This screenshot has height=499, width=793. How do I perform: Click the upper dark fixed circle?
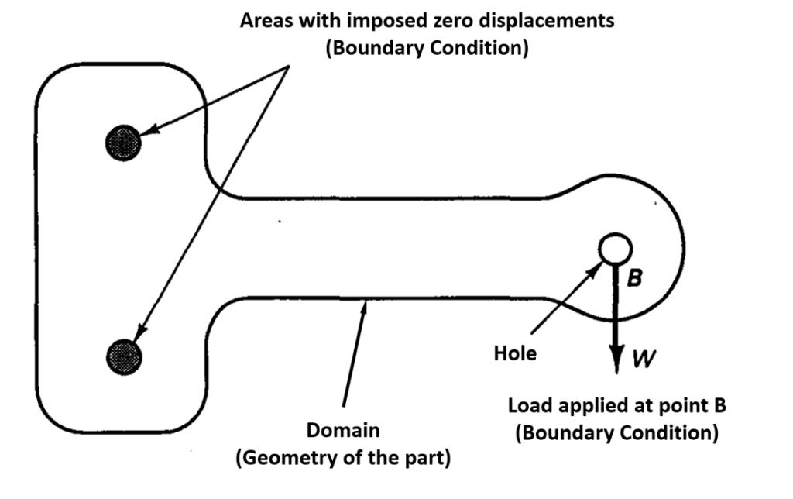click(x=123, y=143)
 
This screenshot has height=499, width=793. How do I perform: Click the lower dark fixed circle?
click(x=124, y=357)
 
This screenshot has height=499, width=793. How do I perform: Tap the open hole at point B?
click(x=615, y=249)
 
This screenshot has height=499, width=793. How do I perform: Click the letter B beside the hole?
click(x=635, y=278)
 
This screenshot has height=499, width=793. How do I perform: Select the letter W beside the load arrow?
click(x=644, y=358)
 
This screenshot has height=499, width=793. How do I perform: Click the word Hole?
click(x=515, y=353)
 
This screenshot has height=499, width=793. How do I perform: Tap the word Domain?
click(x=343, y=430)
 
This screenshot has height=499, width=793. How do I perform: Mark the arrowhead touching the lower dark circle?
click(x=139, y=333)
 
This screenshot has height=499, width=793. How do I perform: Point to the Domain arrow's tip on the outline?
click(x=366, y=301)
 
